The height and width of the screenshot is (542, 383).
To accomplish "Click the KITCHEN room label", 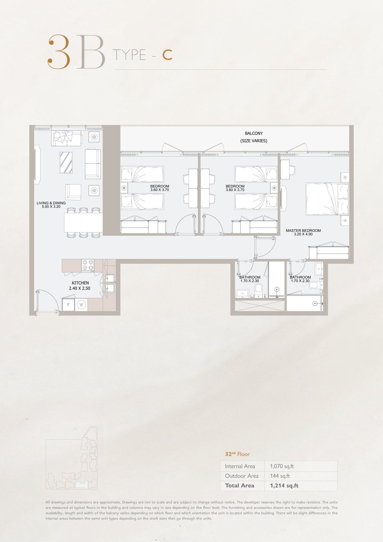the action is (x=80, y=283).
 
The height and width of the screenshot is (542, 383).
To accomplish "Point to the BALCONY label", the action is (x=254, y=133).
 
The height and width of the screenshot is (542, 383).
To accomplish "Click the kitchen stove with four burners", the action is (x=88, y=265).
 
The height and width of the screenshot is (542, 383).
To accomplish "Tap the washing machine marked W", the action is (x=81, y=305).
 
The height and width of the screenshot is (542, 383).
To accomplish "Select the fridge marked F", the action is (x=69, y=305).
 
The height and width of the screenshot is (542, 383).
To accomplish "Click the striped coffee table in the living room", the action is (x=66, y=162).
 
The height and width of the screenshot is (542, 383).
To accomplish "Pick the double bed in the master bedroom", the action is (x=327, y=199).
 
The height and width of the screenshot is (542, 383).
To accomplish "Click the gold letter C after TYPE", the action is (x=167, y=55).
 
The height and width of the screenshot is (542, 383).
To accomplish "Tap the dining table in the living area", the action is (x=83, y=222).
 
